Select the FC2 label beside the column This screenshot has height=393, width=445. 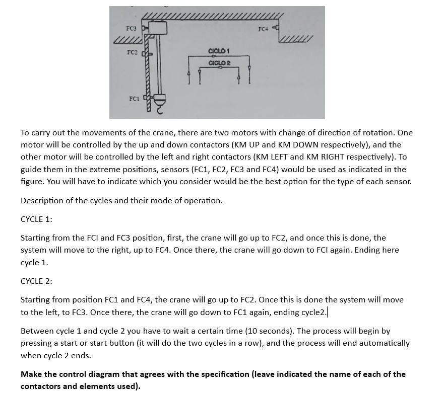(x=132, y=53)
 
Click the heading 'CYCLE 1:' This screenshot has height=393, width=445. (x=36, y=219)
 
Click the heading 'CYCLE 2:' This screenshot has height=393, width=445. (x=36, y=281)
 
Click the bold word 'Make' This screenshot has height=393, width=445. (x=32, y=374)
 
